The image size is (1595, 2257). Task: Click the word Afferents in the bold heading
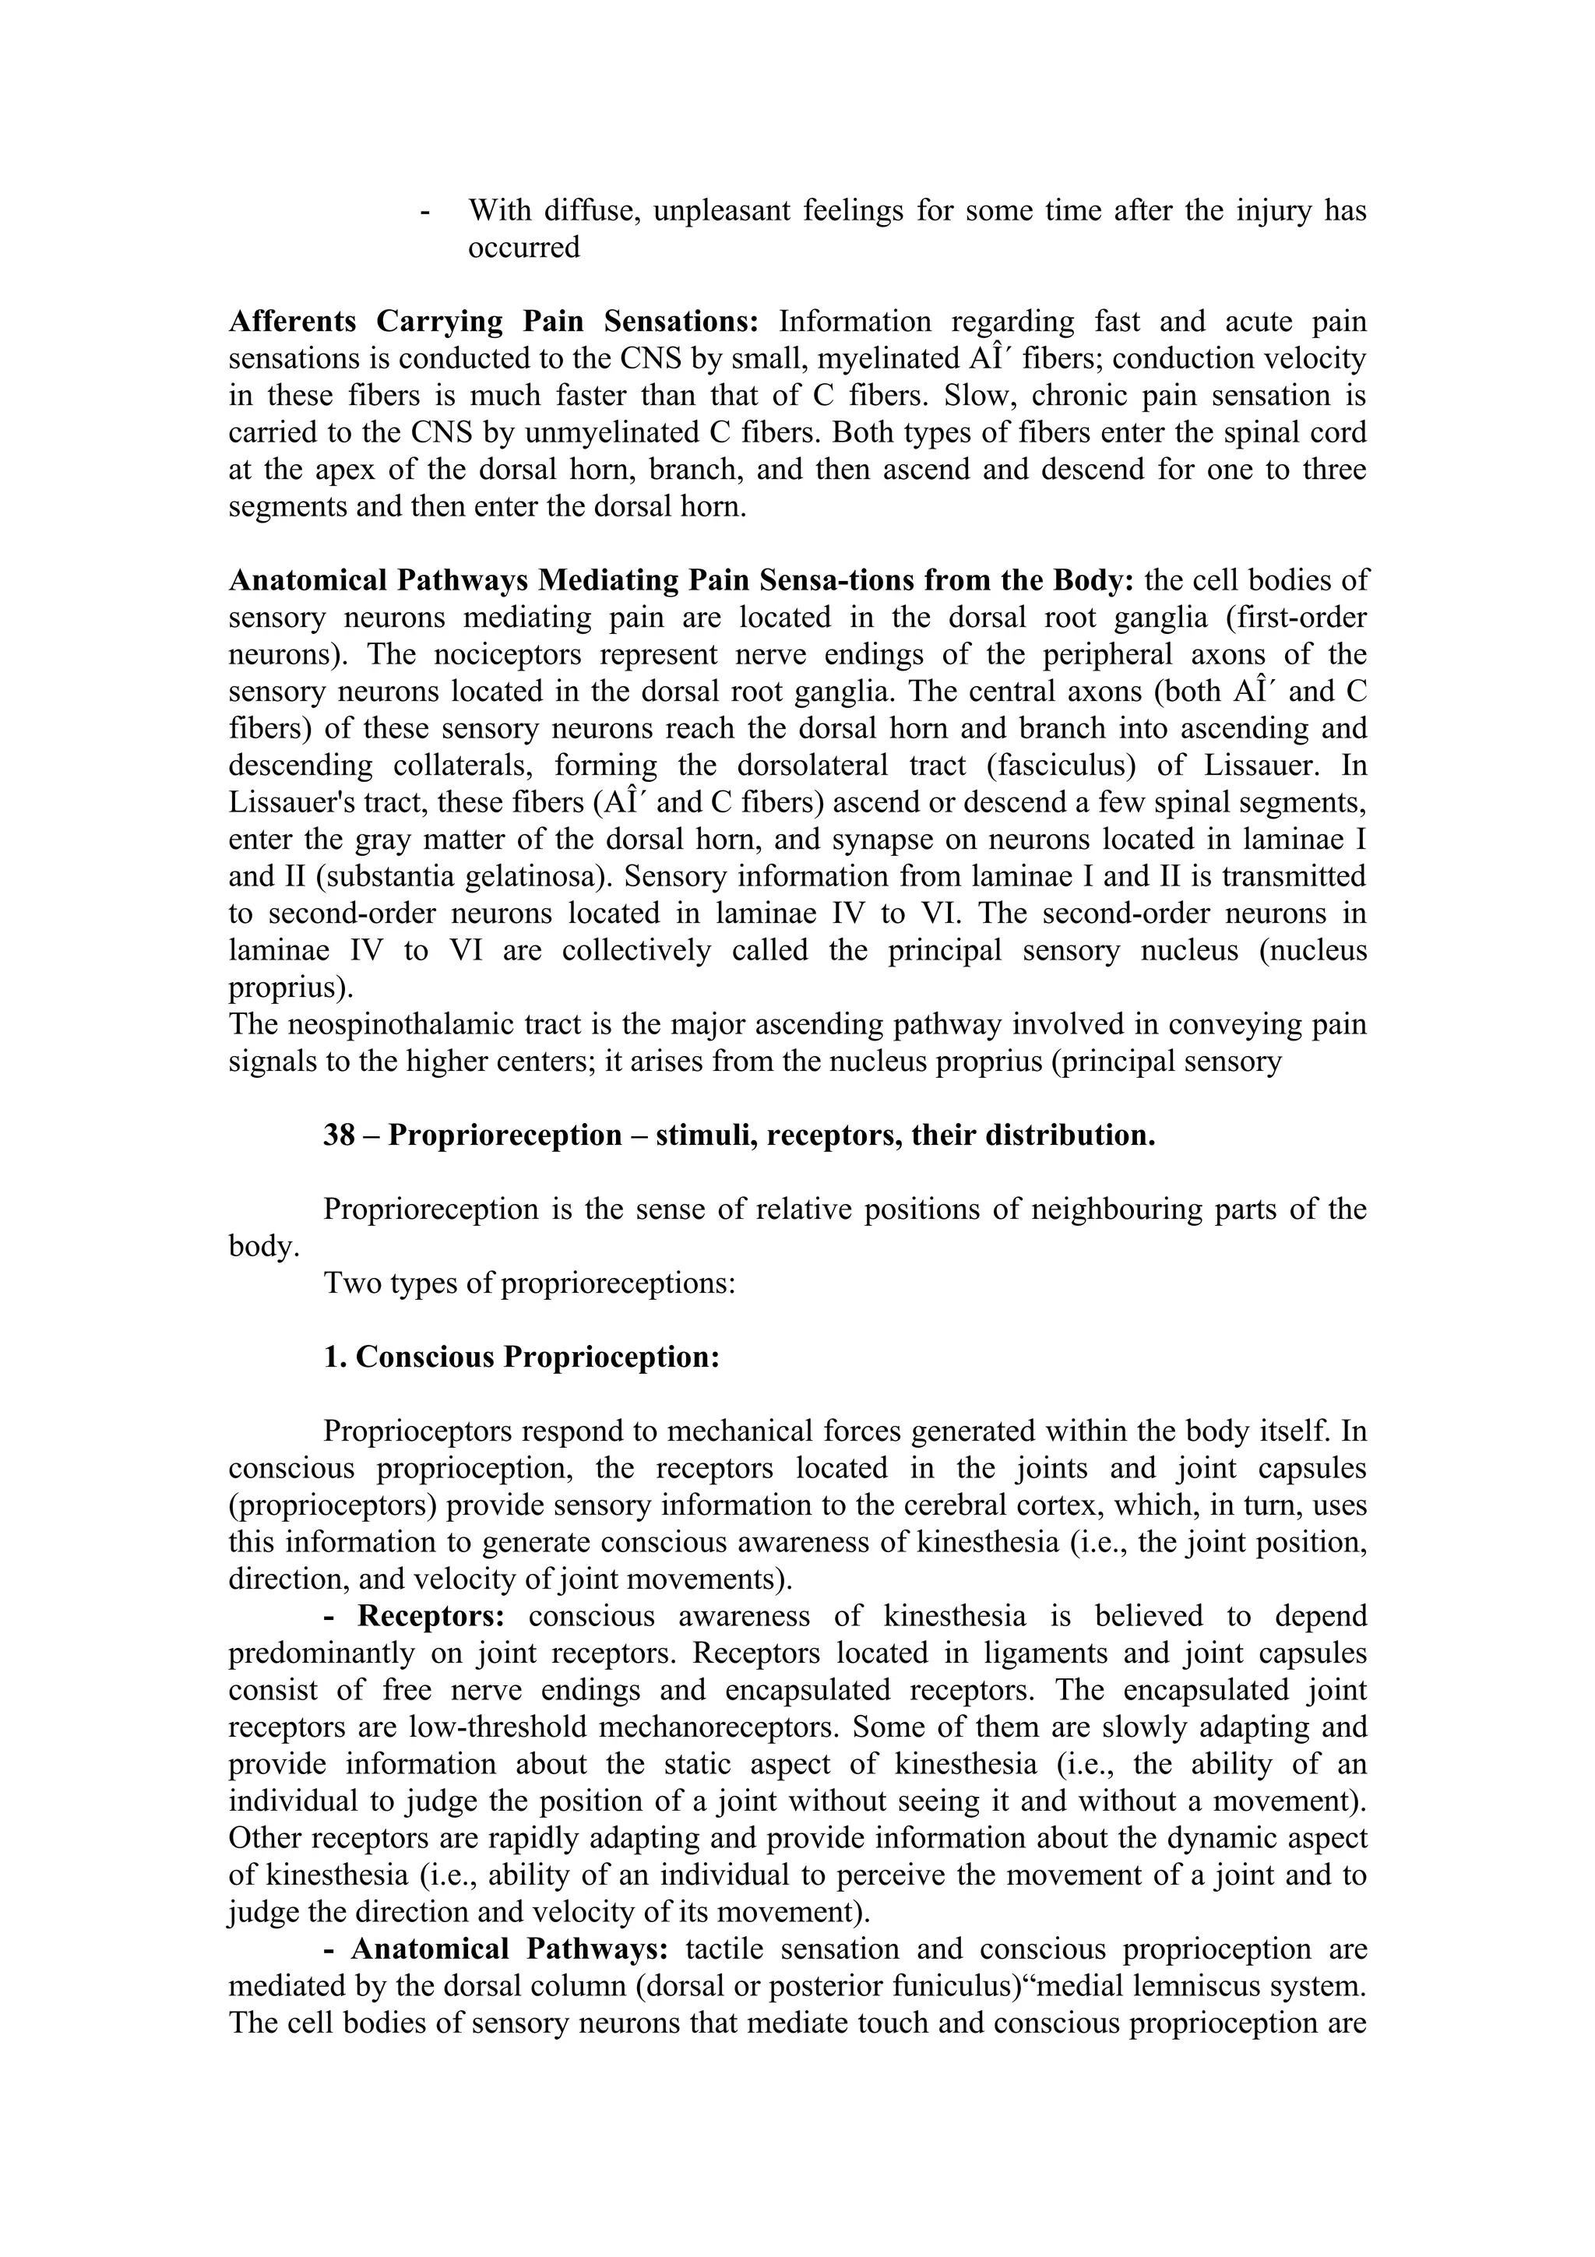[292, 322]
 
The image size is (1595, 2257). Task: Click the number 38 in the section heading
[339, 1136]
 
